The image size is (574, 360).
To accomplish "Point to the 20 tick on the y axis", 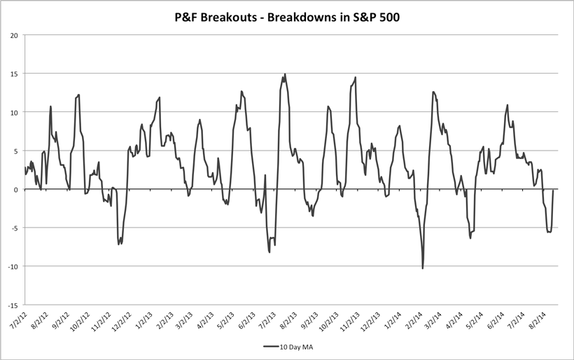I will (x=13, y=35).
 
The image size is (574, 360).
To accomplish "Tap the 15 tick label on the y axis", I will (x=13, y=74).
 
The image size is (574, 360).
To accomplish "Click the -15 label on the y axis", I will (x=12, y=305).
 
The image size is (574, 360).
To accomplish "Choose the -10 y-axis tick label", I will (x=12, y=266).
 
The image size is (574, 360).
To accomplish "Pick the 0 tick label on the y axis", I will (x=16, y=189).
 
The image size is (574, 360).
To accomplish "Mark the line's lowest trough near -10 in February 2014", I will (x=423, y=268).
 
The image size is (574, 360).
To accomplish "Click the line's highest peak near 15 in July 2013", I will (x=285, y=74).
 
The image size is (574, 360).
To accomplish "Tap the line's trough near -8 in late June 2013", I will (x=269, y=251).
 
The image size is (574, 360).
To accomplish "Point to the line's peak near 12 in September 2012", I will (x=78, y=95).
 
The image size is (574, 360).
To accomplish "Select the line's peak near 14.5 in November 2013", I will (x=356, y=77).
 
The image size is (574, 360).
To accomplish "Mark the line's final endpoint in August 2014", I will (x=553, y=191).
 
